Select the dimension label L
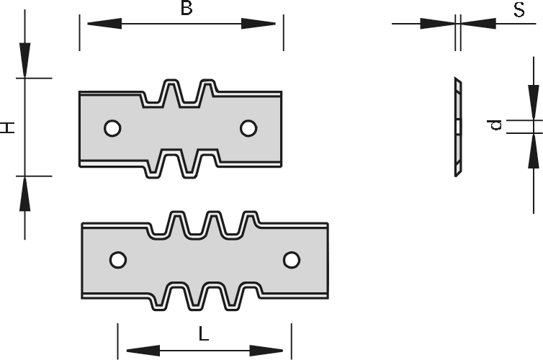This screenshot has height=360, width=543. tap(204, 334)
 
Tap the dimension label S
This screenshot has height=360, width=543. tap(517, 9)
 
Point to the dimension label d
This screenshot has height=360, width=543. tap(516, 126)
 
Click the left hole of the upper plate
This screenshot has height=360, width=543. tap(112, 128)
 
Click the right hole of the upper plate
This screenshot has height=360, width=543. tap(248, 128)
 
